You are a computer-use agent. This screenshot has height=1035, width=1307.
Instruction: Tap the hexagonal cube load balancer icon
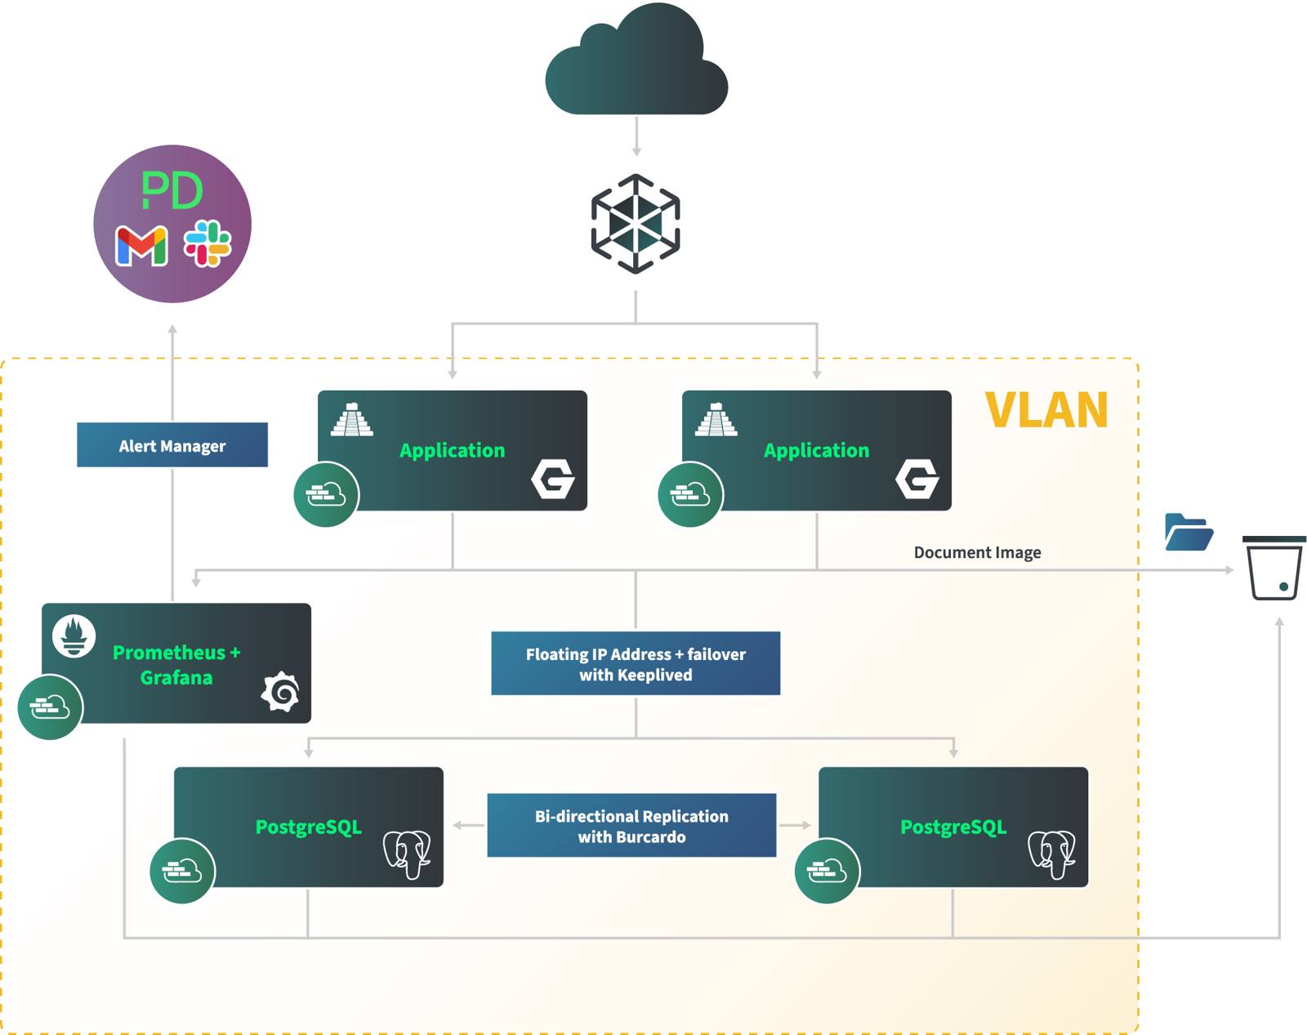tap(636, 223)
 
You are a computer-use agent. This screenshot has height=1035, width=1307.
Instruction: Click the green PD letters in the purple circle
tap(172, 190)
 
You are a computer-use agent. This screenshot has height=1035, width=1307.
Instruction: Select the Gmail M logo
tap(141, 246)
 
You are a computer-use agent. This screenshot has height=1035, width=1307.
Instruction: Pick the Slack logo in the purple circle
tap(207, 243)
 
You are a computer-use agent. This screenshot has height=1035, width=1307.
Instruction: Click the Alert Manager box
tap(172, 445)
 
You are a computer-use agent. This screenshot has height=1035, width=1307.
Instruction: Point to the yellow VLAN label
tap(1046, 410)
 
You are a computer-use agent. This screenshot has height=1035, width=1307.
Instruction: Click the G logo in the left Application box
tap(553, 479)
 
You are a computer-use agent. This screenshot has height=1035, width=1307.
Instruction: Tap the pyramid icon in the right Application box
tap(716, 420)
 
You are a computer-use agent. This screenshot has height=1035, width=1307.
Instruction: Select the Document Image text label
tap(977, 552)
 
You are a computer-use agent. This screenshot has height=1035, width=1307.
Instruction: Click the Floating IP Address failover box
tap(636, 663)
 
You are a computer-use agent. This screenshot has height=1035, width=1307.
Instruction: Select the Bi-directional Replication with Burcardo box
tap(631, 825)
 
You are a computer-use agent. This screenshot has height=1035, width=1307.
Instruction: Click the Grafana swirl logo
tap(281, 691)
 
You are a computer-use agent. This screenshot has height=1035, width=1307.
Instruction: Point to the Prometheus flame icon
tap(74, 636)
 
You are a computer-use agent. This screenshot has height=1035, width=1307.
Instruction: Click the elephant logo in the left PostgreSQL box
tap(408, 854)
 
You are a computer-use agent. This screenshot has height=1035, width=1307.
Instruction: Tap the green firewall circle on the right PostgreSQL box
tap(827, 871)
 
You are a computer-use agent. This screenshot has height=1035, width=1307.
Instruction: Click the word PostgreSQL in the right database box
tap(952, 827)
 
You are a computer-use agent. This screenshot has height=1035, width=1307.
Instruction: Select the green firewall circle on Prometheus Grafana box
tap(50, 707)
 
